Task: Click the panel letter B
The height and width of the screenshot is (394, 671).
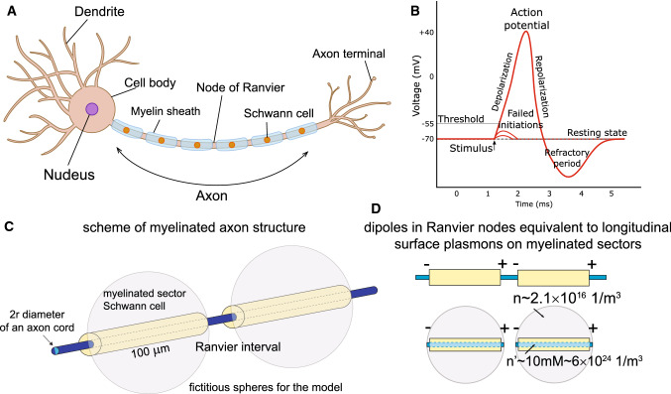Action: pyautogui.click(x=400, y=10)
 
